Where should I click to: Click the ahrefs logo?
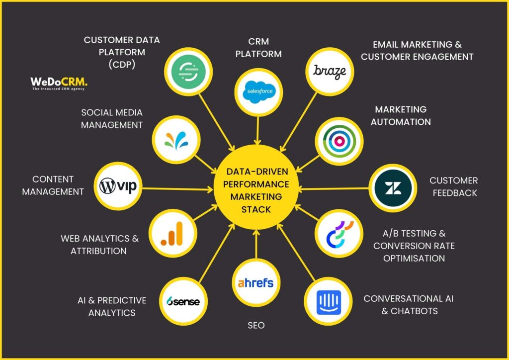click(x=256, y=283)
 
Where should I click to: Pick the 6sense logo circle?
click(x=183, y=301)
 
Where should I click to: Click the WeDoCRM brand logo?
click(x=59, y=83)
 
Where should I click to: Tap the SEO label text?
click(x=256, y=326)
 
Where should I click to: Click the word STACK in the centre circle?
click(x=256, y=209)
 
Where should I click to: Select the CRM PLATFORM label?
click(x=258, y=47)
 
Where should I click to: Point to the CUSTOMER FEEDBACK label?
click(x=453, y=186)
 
